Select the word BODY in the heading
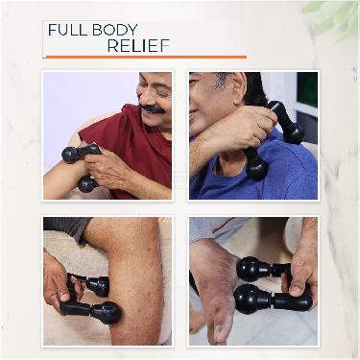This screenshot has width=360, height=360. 119,30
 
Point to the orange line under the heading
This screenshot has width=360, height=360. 144,58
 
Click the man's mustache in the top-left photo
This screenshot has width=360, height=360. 152,108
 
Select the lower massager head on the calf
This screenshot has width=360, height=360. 104,312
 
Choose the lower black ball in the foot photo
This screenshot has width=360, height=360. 252,300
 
